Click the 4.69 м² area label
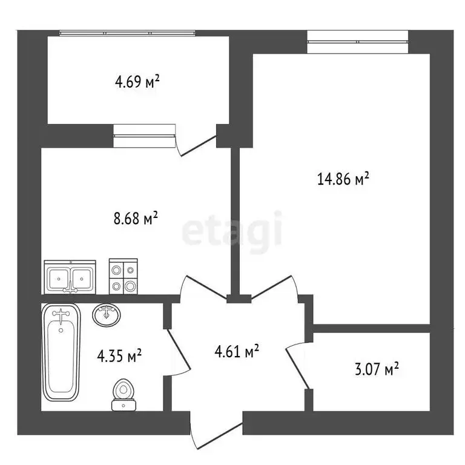(137, 82)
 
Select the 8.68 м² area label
(136, 217)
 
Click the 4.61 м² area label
(238, 351)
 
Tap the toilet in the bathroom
(124, 394)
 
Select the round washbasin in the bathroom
(107, 315)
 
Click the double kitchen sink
(70, 279)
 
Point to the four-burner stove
(123, 277)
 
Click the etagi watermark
(232, 229)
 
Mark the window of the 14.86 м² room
(357, 42)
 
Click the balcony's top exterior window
(127, 33)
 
